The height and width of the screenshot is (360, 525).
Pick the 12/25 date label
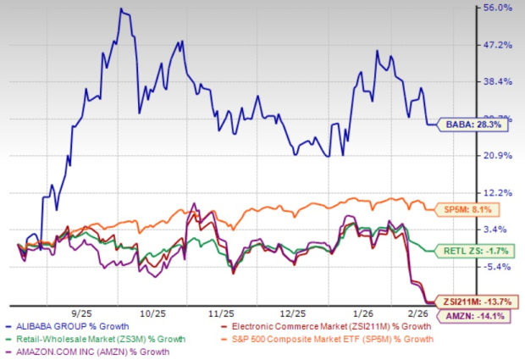click(301, 312)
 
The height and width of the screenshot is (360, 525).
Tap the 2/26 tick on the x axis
click(422, 312)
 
